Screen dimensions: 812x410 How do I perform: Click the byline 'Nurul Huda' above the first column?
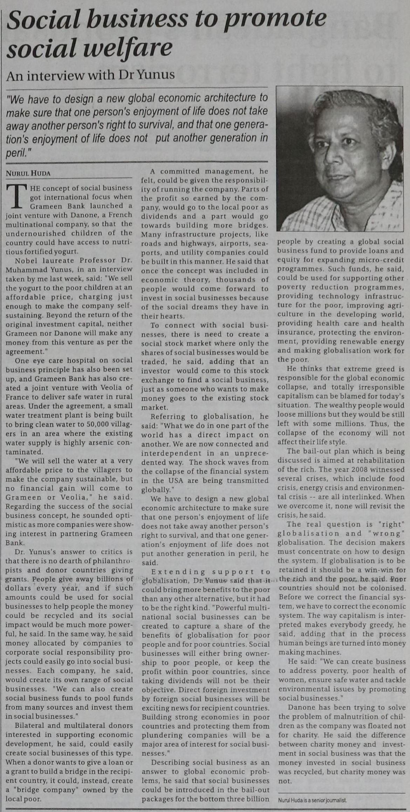28,173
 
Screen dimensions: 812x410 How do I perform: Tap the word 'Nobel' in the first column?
26,260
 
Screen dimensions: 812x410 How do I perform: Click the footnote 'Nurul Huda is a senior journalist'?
312,800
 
